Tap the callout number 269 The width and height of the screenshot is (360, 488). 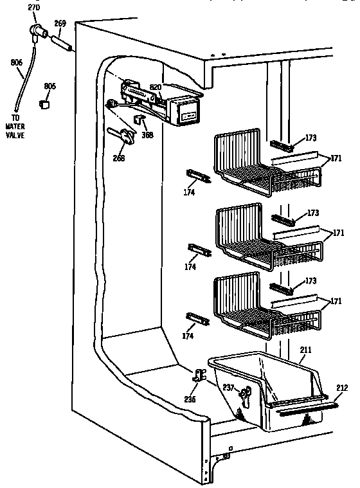60,24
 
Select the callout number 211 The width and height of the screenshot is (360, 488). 305,351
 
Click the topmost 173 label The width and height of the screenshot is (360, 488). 311,138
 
